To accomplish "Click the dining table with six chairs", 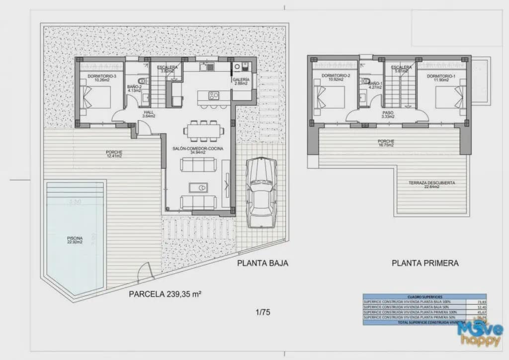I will tap(203, 130).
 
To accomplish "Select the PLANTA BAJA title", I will tap(262, 263).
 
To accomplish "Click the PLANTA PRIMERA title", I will tap(425, 263).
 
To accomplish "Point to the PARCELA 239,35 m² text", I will tap(165, 294).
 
